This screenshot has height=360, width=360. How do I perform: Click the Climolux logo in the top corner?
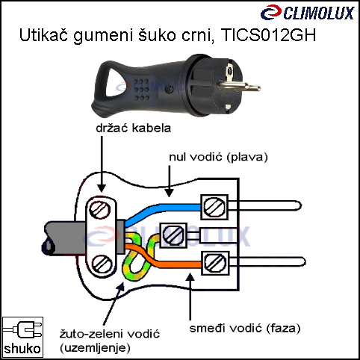308,13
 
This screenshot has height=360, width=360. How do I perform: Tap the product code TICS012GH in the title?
268,35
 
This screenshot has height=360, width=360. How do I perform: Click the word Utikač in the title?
43,35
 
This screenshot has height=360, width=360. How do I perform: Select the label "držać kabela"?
134,128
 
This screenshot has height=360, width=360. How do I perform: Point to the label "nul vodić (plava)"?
218,157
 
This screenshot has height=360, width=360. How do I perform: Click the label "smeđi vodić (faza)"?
245,328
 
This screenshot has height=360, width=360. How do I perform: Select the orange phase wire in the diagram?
163,259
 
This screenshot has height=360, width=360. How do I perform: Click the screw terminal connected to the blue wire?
214,207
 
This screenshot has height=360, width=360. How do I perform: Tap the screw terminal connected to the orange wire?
215,263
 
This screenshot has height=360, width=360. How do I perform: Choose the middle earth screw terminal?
173,235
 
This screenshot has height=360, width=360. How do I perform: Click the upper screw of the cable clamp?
99,210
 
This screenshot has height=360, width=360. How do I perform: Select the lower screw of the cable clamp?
102,264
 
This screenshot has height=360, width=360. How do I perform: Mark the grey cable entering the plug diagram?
66,238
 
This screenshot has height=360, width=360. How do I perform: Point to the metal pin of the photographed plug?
239,87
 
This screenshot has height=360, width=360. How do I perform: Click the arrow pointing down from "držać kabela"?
102,164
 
